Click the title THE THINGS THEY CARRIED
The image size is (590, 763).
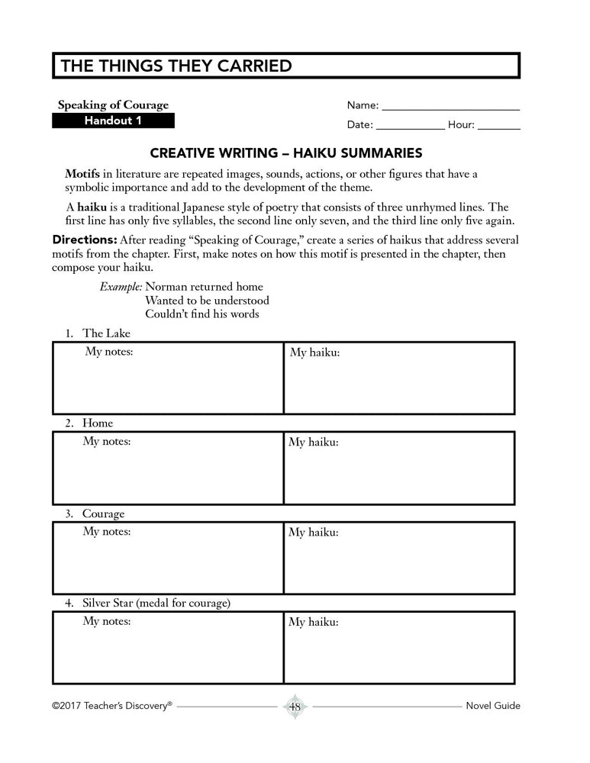pyautogui.click(x=176, y=66)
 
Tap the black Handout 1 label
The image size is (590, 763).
pyautogui.click(x=113, y=121)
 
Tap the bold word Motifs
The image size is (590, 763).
pyautogui.click(x=82, y=174)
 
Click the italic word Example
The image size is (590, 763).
pyautogui.click(x=121, y=286)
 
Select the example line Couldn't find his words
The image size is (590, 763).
pyautogui.click(x=202, y=314)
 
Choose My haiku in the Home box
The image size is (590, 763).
pyautogui.click(x=314, y=443)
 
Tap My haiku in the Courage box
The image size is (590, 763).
pyautogui.click(x=314, y=533)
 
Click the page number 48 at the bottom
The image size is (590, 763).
pyautogui.click(x=295, y=707)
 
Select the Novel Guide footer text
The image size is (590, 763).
pyautogui.click(x=492, y=706)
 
